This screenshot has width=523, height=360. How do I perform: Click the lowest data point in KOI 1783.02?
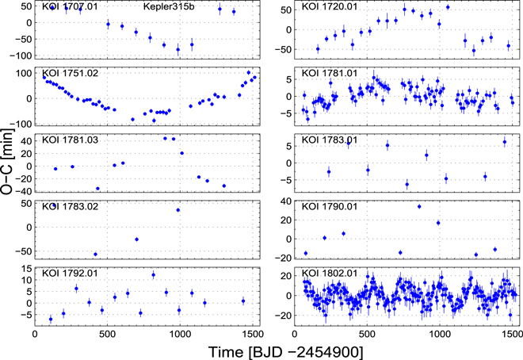[96, 255]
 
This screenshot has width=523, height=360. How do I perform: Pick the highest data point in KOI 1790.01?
[419, 207]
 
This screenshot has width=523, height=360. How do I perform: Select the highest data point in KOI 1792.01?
[153, 274]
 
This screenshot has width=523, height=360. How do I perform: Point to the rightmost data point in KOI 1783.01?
[505, 142]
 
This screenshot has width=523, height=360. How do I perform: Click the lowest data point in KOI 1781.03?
[97, 189]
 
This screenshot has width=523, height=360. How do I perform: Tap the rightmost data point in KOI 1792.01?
[243, 301]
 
